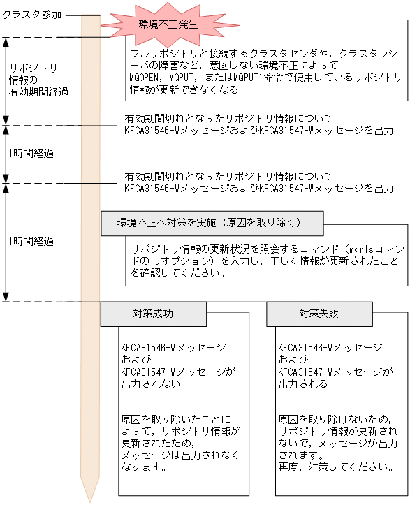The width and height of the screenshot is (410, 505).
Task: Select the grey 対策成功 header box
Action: [154, 314]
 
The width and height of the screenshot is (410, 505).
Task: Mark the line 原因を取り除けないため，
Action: [325, 419]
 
